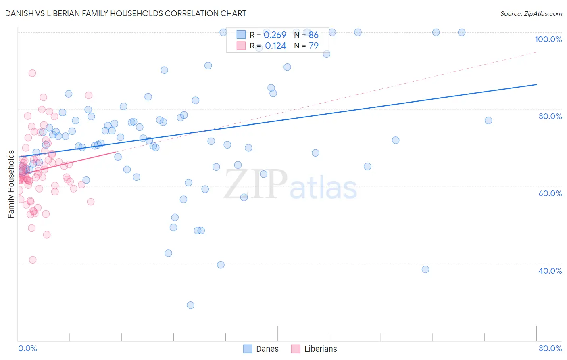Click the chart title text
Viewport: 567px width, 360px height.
125,13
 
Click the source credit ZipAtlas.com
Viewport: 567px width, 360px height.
531,14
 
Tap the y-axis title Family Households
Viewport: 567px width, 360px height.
11,184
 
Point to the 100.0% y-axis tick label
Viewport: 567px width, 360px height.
548,39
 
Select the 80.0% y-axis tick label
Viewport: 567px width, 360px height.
550,116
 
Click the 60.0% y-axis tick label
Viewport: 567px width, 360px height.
550,193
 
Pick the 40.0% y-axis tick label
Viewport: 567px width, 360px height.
550,271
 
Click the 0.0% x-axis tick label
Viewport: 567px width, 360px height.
27,348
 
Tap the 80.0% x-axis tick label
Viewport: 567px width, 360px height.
550,348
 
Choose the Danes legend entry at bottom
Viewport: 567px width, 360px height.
261,349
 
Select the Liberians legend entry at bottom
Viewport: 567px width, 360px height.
315,349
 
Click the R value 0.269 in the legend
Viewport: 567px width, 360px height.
275,35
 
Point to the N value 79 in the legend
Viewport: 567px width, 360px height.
313,46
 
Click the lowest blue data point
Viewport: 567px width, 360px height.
190,305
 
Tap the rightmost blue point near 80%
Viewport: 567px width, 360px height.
488,120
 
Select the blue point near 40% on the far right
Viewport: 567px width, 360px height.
425,269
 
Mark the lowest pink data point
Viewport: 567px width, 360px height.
33,260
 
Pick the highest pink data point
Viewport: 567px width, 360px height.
32,73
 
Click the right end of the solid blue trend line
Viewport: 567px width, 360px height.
536,84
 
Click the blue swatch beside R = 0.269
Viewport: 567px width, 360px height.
241,35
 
